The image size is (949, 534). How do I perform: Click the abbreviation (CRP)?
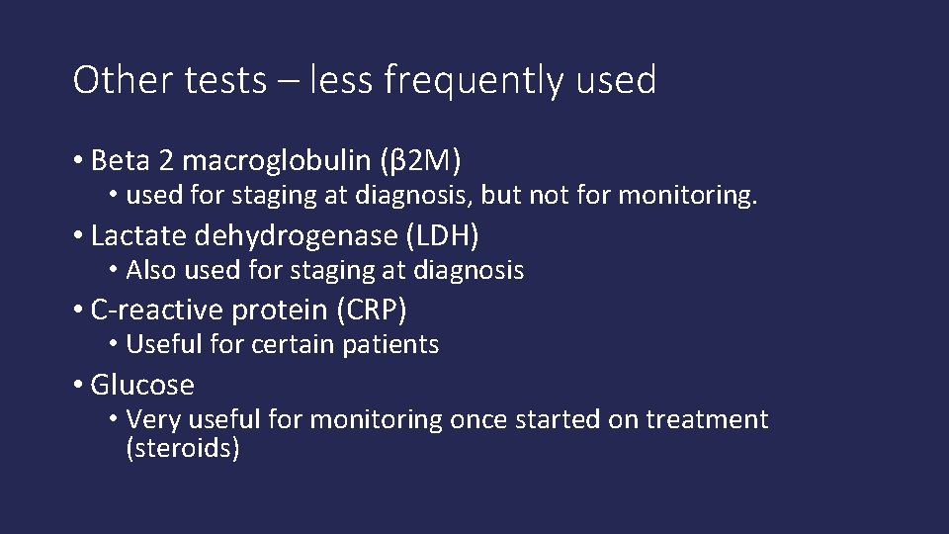pos(372,311)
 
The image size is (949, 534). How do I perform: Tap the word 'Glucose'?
pos(142,385)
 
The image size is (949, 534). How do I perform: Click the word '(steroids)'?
pos(183,449)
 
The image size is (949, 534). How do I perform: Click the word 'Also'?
pos(150,270)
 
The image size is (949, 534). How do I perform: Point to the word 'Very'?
pos(152,420)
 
